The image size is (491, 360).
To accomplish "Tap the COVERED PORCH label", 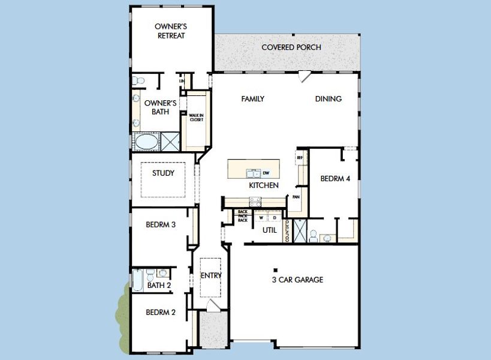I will point(291,47).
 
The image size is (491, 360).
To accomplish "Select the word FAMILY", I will point(252,99).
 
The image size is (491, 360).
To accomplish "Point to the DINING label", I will point(329,99).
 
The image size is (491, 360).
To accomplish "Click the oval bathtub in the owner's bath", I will point(146,142).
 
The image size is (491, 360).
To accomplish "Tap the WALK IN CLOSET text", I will point(196,117).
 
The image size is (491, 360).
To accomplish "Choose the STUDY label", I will point(163,173).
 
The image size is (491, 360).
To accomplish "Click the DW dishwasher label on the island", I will point(266,173).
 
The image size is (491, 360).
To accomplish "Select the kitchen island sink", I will point(253,173).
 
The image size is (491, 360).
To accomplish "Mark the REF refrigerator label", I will point(300,158).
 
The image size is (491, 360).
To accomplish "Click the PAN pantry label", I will point(296,196).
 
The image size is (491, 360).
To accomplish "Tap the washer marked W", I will point(261,218).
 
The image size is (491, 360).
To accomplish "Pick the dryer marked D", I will point(274,218).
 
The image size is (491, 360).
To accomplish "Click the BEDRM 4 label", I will point(335,178).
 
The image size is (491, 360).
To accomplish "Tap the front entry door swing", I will point(211,305).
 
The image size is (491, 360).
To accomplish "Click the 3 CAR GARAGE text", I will point(297,280).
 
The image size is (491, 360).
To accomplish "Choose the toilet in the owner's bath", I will point(136,80).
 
